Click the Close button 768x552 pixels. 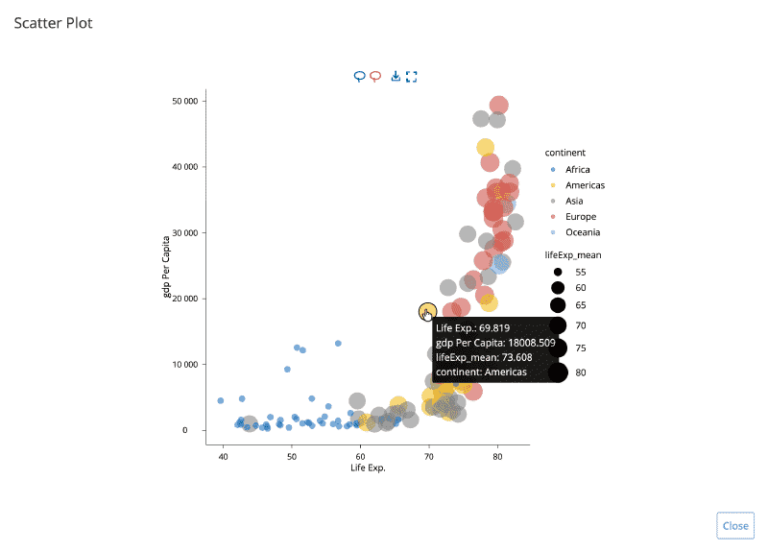(735, 525)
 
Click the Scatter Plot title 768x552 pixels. (53, 23)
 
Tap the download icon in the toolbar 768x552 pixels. (396, 77)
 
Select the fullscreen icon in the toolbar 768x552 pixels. (412, 77)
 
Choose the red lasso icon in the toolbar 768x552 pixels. (375, 77)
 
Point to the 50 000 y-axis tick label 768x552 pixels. (183, 101)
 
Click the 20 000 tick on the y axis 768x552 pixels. (183, 299)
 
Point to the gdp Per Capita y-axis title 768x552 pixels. (167, 267)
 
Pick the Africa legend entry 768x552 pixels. (578, 170)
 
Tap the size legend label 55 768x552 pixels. (580, 273)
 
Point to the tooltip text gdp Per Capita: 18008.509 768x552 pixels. (494, 343)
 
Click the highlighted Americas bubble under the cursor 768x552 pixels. (427, 312)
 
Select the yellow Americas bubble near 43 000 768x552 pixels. (486, 148)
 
